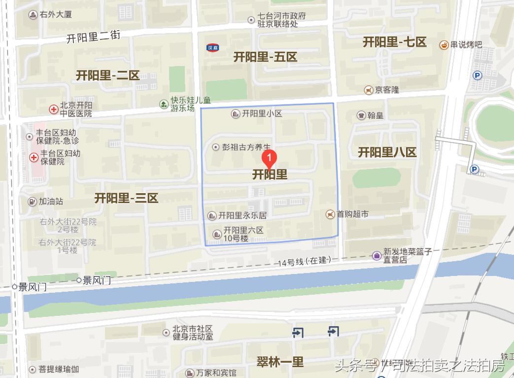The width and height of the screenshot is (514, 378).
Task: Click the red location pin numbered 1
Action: tap(269, 158)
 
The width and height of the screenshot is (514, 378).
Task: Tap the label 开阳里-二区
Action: tap(107, 75)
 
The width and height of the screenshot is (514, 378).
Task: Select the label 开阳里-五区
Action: tap(265, 57)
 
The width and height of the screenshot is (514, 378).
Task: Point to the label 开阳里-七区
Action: tap(394, 42)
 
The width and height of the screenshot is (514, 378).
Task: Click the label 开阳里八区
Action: tap(387, 152)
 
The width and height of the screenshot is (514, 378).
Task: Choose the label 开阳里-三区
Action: tap(126, 198)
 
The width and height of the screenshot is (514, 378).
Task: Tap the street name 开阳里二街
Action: tap(94, 37)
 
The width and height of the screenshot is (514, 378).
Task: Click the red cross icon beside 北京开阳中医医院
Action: tap(53, 109)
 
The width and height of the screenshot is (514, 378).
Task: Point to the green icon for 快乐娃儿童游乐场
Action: tap(164, 104)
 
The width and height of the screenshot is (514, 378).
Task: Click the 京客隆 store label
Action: tap(386, 90)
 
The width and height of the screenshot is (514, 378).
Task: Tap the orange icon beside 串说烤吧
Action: tap(444, 45)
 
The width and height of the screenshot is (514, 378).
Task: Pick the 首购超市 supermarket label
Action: tap(352, 214)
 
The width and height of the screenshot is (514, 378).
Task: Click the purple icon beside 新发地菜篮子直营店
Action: tap(377, 255)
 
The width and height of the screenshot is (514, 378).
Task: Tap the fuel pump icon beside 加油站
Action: tap(32, 202)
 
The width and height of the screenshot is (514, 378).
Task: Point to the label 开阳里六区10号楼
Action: tap(243, 234)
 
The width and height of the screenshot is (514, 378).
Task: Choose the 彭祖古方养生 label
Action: tap(246, 147)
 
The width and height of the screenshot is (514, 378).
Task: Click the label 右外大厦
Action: tap(56, 14)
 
